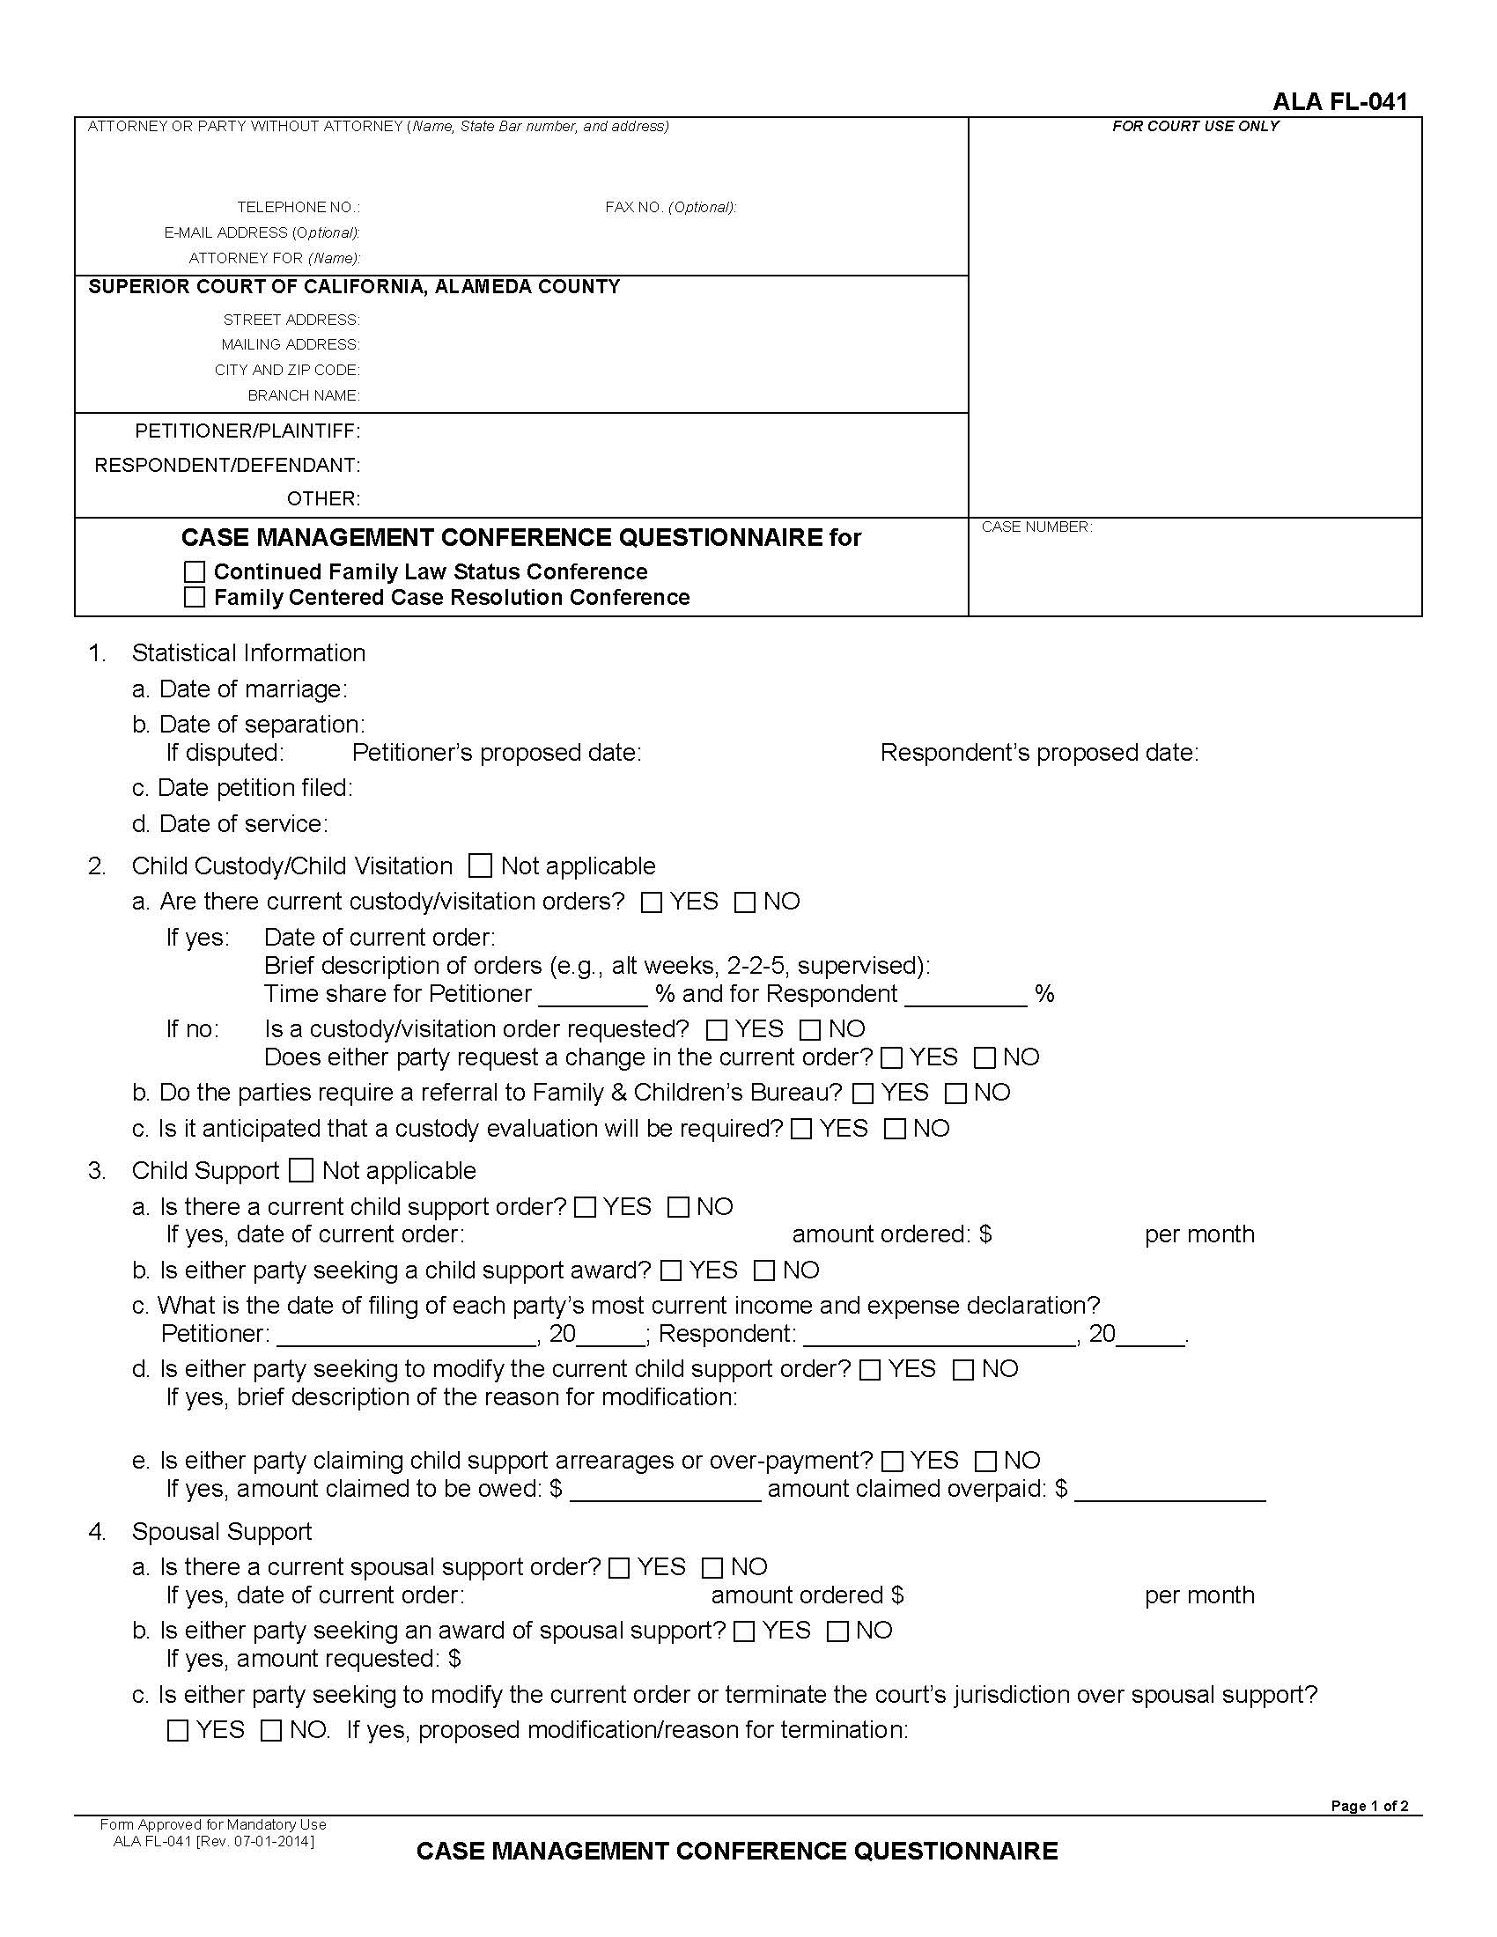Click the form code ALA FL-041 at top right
[1339, 101]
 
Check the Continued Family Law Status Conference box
[195, 572]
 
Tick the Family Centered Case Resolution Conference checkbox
[195, 598]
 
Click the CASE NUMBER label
[1036, 527]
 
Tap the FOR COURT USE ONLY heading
[1195, 126]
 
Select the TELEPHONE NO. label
[298, 207]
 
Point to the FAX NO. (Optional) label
[670, 207]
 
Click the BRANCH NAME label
[303, 395]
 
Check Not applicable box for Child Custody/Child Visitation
[480, 865]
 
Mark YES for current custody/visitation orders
[652, 902]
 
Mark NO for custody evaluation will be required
[896, 1129]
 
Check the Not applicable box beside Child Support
[301, 1171]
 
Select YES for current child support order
[586, 1207]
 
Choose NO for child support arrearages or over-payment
[985, 1461]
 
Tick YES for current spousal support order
[620, 1568]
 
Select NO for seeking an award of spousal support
[838, 1631]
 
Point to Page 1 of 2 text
[1368, 1807]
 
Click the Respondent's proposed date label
[1038, 753]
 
